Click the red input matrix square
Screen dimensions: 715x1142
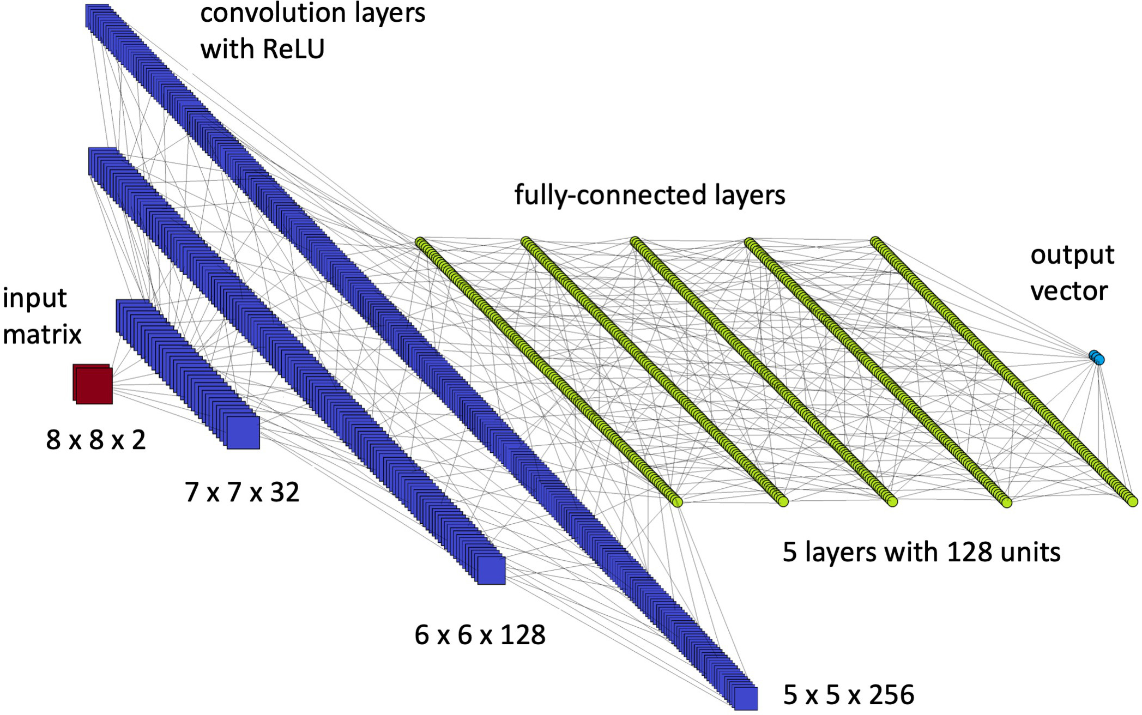click(x=94, y=385)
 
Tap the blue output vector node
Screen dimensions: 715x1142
click(x=1097, y=357)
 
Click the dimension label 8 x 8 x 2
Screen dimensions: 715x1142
click(x=96, y=439)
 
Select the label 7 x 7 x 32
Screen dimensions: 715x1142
click(x=242, y=492)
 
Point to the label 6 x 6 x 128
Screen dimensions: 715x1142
click(x=480, y=635)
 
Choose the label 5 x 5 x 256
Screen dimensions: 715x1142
click(x=849, y=695)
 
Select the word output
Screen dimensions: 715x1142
click(x=1072, y=255)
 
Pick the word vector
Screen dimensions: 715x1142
click(x=1068, y=291)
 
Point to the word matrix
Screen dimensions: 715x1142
click(x=42, y=334)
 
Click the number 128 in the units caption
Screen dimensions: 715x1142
click(x=970, y=552)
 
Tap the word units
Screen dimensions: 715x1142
click(x=1030, y=552)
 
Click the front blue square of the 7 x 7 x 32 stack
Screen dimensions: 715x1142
click(x=243, y=432)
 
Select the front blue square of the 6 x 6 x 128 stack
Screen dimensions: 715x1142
click(x=491, y=570)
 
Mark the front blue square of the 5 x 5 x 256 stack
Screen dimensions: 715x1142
click(x=745, y=698)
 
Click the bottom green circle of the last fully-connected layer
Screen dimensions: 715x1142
click(x=1132, y=501)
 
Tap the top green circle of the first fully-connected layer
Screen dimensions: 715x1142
click(x=420, y=242)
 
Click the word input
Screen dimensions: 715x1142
click(x=34, y=299)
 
